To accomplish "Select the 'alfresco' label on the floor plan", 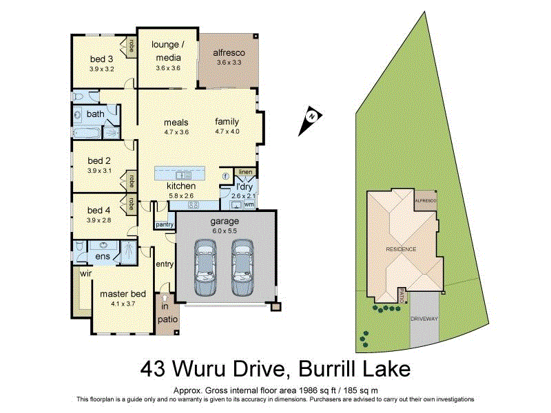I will tap(228, 52).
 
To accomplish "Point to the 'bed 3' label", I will tap(101, 59).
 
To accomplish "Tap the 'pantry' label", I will tap(164, 224).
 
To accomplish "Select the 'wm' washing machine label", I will tap(249, 204).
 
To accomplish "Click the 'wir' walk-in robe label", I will tap(86, 273).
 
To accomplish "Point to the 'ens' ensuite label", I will tap(102, 256).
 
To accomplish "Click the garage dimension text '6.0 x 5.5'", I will tap(225, 232).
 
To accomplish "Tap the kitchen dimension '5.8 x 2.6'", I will tap(181, 196).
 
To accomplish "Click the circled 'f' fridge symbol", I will tap(225, 176).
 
